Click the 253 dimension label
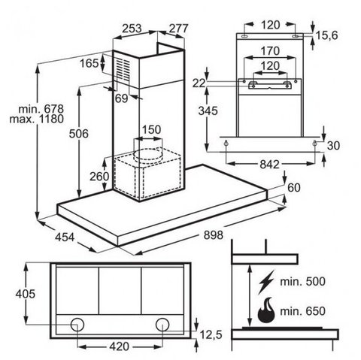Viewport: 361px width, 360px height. (132, 29)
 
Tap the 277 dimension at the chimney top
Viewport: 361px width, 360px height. (178, 29)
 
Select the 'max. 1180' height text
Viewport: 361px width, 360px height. (37, 119)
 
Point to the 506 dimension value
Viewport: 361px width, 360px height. (79, 134)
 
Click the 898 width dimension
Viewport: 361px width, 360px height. (213, 235)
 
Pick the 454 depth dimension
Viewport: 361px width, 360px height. (65, 237)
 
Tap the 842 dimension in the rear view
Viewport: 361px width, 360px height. (269, 165)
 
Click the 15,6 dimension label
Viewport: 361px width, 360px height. (326, 35)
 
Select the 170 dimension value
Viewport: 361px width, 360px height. (270, 51)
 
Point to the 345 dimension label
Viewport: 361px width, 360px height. (208, 110)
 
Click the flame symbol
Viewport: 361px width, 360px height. (266, 310)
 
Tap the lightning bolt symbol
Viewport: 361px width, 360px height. (267, 282)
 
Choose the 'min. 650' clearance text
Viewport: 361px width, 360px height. (302, 311)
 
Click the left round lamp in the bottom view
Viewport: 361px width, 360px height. (77, 325)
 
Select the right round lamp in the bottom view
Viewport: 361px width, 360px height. (162, 325)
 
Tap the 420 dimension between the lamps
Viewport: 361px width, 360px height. (119, 346)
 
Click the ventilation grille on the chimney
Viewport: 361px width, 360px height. (123, 70)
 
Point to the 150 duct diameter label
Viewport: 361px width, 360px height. (151, 129)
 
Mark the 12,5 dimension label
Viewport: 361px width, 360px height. (211, 334)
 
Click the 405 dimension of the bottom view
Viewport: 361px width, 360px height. (26, 294)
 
